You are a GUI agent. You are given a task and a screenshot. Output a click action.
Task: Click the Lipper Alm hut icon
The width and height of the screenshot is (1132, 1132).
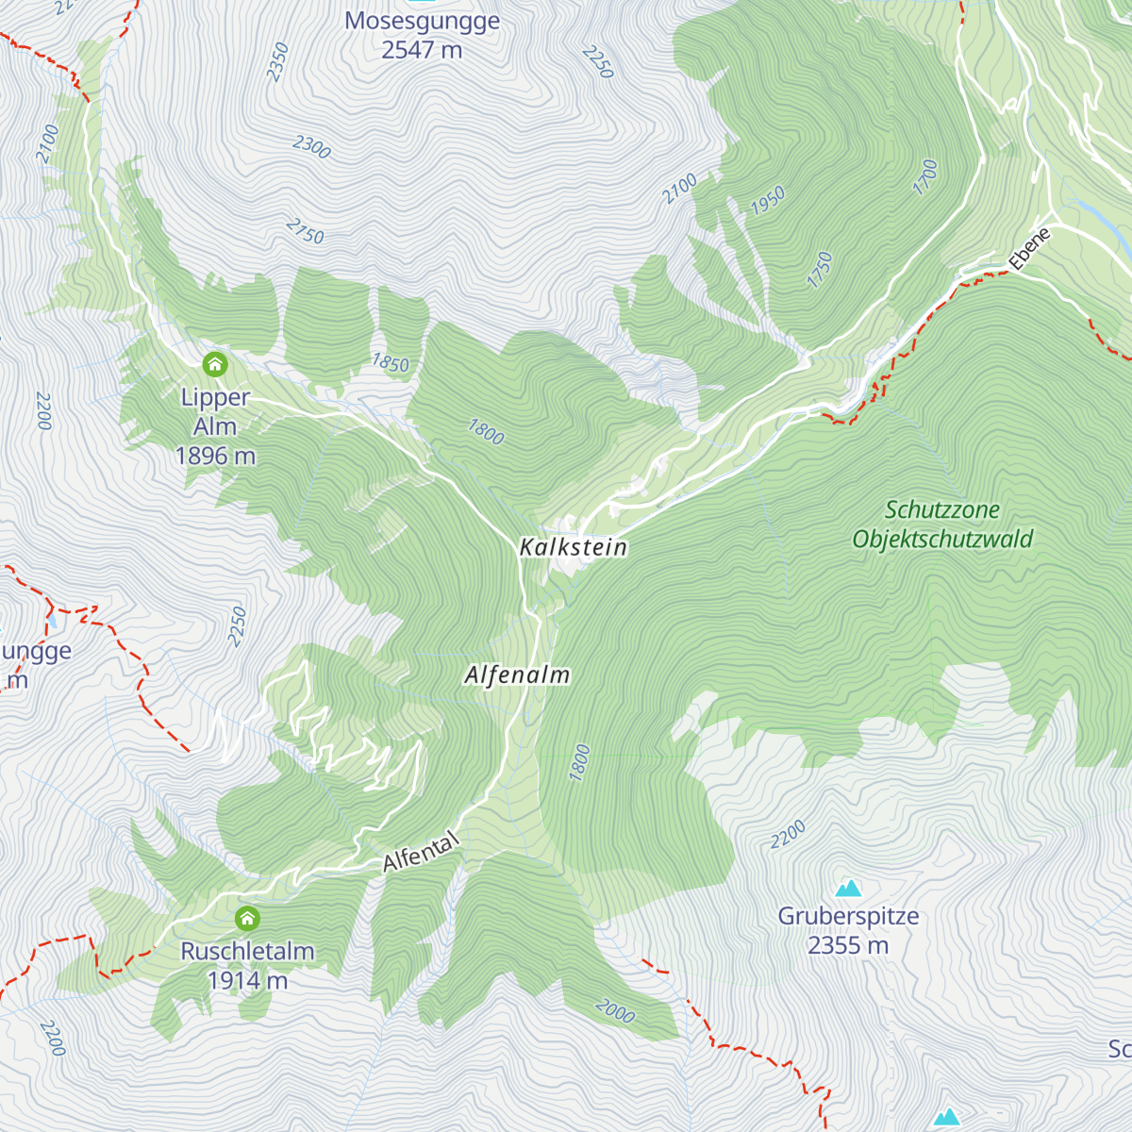click(215, 363)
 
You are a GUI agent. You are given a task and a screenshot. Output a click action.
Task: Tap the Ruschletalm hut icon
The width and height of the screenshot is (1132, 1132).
click(247, 917)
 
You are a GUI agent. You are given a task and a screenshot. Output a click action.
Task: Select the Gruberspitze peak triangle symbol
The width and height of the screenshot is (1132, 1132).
click(848, 888)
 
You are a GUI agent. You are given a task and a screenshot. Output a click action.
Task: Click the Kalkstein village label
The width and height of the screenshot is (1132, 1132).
click(573, 547)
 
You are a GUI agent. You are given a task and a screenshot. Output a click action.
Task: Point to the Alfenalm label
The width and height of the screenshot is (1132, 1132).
click(517, 675)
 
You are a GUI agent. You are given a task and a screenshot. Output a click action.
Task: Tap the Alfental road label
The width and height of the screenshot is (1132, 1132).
click(421, 852)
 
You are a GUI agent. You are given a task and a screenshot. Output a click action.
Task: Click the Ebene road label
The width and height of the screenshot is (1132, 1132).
click(1029, 250)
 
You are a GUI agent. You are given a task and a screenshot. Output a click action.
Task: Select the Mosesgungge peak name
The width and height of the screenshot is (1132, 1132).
click(422, 21)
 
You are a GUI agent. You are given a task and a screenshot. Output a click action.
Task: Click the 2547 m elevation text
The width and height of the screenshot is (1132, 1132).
click(422, 50)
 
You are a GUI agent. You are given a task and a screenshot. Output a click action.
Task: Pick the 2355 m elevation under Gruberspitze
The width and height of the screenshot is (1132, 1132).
click(848, 945)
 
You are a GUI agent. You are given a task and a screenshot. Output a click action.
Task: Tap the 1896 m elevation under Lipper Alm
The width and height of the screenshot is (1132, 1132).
click(215, 456)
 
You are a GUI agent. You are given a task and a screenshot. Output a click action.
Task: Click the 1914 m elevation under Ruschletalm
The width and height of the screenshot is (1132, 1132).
click(247, 980)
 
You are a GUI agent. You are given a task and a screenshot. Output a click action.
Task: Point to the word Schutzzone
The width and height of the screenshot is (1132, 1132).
click(941, 510)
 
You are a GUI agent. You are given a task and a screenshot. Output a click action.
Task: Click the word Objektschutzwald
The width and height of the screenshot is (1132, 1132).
click(942, 540)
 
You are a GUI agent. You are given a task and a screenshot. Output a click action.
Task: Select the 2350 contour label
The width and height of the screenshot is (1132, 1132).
click(277, 61)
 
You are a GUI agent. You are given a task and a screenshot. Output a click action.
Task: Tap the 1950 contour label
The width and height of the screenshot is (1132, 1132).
click(768, 200)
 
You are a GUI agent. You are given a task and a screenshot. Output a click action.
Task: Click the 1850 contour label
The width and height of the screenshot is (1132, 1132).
click(390, 363)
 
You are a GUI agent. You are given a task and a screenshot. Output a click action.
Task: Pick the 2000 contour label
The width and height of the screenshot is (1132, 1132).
click(615, 1012)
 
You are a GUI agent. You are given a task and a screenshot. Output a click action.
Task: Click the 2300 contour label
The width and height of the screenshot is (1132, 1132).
click(311, 146)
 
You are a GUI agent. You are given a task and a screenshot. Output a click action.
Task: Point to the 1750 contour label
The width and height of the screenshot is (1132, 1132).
click(820, 270)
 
